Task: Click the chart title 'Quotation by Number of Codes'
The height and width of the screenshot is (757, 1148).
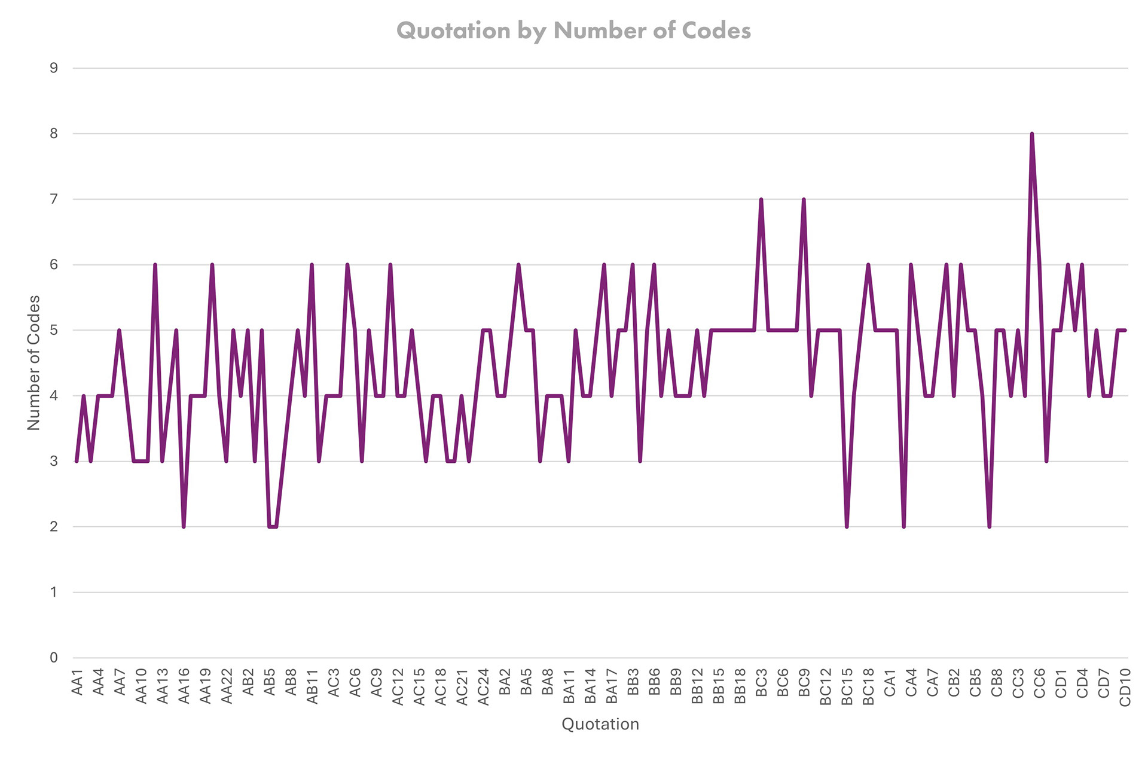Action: pos(573,30)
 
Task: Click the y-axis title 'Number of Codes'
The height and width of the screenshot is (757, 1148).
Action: pos(34,362)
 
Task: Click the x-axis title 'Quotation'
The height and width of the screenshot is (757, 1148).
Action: pos(600,724)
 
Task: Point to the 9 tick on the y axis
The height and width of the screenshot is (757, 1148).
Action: pos(54,68)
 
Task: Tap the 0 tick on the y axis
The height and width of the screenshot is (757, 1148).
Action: pos(54,658)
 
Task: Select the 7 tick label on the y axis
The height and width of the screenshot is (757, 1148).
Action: pos(54,199)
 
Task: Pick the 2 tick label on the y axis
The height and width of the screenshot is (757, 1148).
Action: pos(54,527)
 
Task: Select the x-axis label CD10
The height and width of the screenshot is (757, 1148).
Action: pos(1125,688)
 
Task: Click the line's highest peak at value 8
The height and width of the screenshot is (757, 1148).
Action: pos(1032,134)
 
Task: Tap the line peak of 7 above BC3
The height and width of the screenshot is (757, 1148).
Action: pos(761,200)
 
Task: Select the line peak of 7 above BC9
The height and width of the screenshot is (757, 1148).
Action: pos(804,200)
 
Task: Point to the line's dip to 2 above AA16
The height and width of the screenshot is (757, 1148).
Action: pos(184,526)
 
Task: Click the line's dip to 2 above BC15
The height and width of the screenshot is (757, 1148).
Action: pos(847,526)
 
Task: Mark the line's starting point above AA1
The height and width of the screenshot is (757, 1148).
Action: pos(77,461)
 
